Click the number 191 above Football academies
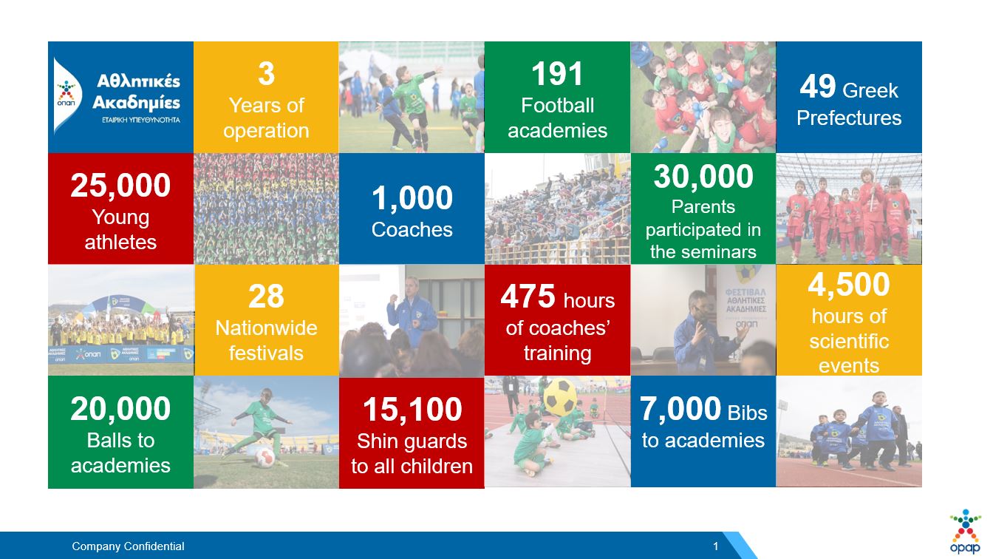point(557,74)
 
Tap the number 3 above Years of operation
point(266,74)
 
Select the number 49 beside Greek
point(818,87)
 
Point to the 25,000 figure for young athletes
point(120,186)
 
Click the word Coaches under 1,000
point(412,229)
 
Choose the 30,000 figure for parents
point(703,177)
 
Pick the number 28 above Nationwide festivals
point(266,297)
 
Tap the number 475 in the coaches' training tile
point(528,297)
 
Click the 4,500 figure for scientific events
point(849,285)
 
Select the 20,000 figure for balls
point(120,409)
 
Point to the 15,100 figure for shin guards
point(412,409)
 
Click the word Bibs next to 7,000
point(748,413)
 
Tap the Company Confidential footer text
point(128,546)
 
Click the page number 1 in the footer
point(715,546)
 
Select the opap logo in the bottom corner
point(965,532)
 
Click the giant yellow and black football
point(560,396)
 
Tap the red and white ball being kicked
point(265,457)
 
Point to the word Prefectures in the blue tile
point(849,118)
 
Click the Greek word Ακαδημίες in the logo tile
point(136,103)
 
